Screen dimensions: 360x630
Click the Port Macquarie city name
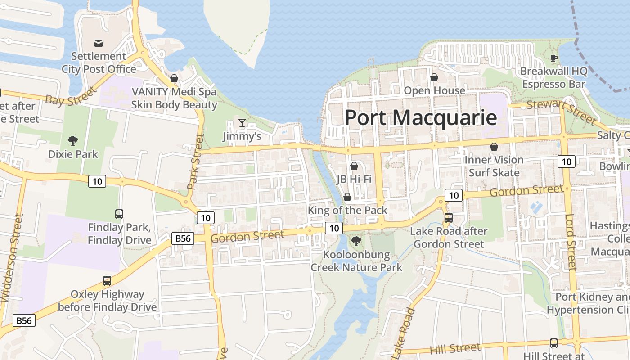click(421, 118)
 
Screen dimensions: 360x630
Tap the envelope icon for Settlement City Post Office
click(98, 43)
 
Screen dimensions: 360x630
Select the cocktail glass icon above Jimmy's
click(242, 123)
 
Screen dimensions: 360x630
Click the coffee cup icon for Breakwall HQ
click(554, 58)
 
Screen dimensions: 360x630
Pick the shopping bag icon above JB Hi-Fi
click(354, 166)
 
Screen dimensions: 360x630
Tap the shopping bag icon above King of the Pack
click(347, 197)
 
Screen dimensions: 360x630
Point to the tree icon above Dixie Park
click(73, 141)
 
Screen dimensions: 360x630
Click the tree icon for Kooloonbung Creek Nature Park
click(356, 241)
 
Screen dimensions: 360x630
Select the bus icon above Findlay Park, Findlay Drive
click(119, 214)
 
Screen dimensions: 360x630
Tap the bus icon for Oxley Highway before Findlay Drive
click(107, 281)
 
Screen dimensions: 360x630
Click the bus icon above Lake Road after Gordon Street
click(449, 218)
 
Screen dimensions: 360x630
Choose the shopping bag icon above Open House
click(434, 77)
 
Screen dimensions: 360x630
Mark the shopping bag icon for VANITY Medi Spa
click(174, 79)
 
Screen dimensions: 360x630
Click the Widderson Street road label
click(12, 258)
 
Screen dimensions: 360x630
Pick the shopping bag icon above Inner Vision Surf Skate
click(494, 147)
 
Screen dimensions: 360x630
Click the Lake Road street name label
click(404, 333)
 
